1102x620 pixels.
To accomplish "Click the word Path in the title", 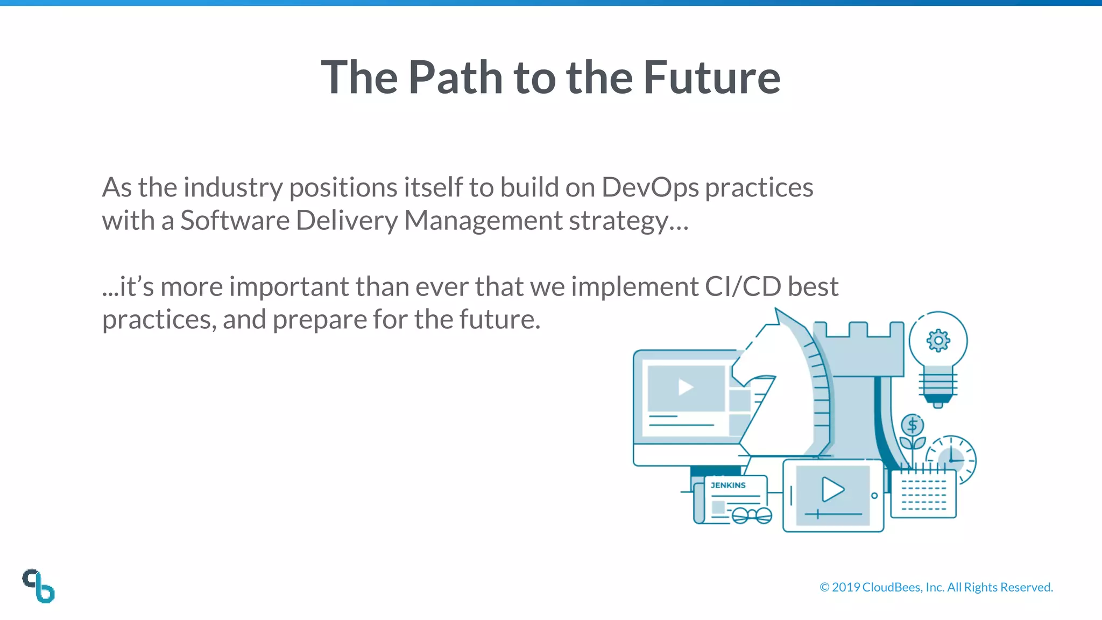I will point(455,77).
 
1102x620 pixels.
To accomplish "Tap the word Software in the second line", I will point(235,221).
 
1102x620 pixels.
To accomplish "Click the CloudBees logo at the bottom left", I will point(39,586).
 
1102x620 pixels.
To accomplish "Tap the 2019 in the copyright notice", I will point(846,587).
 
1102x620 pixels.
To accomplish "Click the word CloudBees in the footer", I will point(892,587).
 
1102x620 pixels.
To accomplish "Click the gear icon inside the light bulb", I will point(938,341).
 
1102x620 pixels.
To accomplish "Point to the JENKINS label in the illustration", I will point(728,485).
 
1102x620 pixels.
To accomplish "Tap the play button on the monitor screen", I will point(685,387).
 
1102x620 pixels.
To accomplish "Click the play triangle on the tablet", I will point(832,489).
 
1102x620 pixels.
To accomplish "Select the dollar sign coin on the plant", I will point(912,426).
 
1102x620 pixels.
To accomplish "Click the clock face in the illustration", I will point(951,459).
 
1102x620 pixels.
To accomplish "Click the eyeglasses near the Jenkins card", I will point(752,516).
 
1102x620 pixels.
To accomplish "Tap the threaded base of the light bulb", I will point(938,385).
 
